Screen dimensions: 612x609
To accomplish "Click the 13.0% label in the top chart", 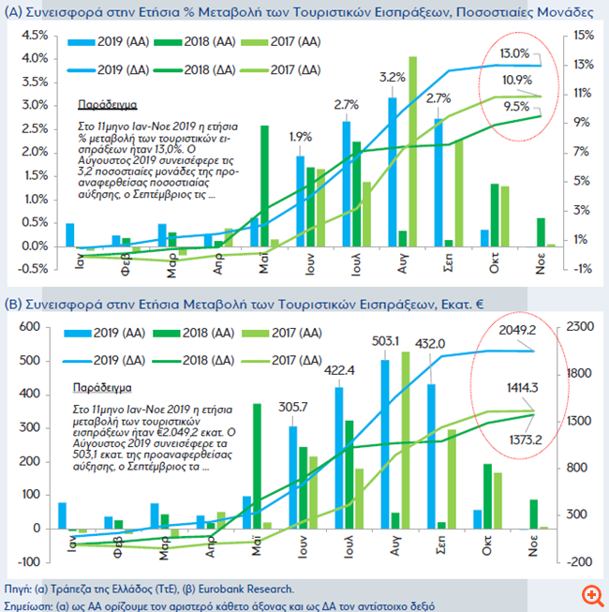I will [514, 53].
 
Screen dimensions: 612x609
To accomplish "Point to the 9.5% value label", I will [516, 106].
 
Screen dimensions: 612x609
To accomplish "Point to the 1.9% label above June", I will [300, 137].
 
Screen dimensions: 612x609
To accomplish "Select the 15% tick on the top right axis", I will [581, 35].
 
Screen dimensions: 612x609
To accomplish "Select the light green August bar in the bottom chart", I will [406, 440].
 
